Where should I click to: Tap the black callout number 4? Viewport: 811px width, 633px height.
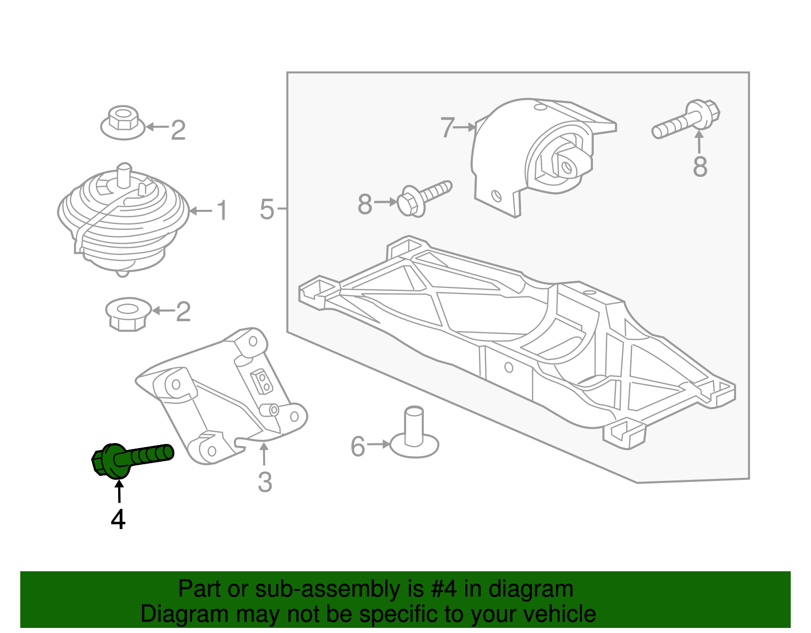coord(118,519)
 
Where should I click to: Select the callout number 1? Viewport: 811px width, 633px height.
coord(222,210)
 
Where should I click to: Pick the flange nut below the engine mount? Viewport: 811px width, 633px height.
coord(128,314)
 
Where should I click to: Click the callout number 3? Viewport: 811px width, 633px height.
coord(265,482)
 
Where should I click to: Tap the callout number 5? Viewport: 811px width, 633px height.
coord(267,209)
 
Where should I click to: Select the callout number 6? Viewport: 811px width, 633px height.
coord(358,446)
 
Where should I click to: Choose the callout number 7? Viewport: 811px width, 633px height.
coord(447,127)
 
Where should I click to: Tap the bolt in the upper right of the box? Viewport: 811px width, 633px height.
coord(687,120)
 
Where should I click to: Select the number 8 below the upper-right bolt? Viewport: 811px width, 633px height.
coord(700,167)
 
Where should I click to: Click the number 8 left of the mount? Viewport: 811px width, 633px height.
coord(365,205)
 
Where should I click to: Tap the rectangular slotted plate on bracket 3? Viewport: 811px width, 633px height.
coord(262,381)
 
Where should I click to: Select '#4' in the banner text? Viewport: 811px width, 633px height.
coord(444,589)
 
